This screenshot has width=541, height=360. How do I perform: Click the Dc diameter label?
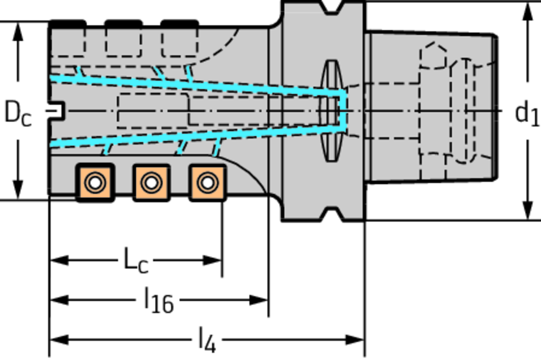[x=17, y=113]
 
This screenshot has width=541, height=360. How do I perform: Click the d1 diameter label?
[x=527, y=113]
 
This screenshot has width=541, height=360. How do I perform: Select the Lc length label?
[x=135, y=260]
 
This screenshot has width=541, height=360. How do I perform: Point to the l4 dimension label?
[x=207, y=340]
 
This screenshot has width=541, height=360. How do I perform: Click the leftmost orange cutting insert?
[x=95, y=183]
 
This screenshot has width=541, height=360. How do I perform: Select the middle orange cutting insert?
[x=151, y=183]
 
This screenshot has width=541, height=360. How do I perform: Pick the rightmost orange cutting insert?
[x=208, y=183]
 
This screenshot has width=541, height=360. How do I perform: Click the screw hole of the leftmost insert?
[x=95, y=183]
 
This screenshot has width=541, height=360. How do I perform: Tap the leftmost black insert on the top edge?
[x=67, y=24]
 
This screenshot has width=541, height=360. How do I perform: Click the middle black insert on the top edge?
[x=123, y=24]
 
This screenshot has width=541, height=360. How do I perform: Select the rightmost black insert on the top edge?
[x=179, y=24]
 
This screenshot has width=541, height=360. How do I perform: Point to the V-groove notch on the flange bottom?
[x=332, y=214]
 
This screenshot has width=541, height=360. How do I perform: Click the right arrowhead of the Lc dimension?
[x=213, y=260]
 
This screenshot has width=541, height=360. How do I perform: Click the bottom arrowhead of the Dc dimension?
[x=18, y=190]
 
